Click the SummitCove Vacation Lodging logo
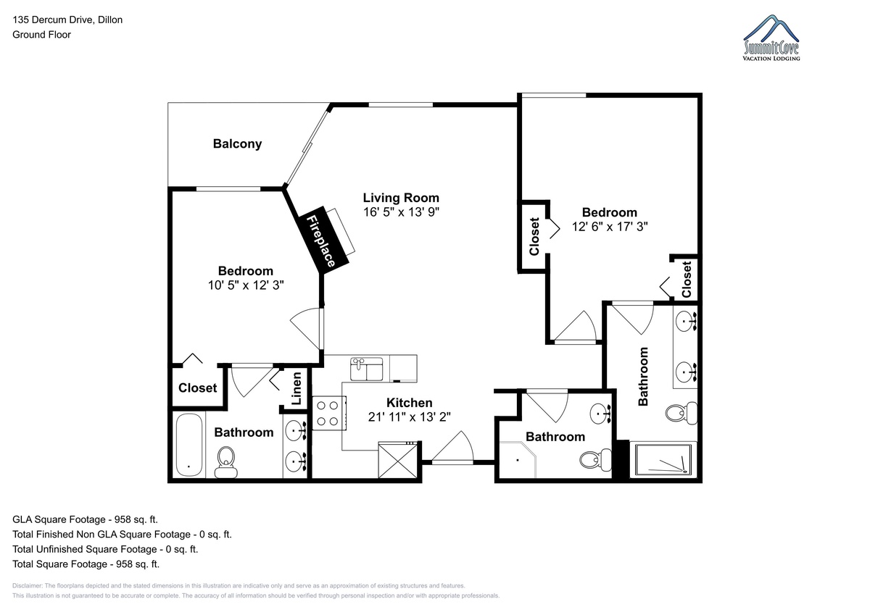point(771,38)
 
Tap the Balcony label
point(237,144)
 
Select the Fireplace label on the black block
point(320,241)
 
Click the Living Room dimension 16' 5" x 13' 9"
point(401,212)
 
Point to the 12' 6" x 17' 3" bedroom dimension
point(610,227)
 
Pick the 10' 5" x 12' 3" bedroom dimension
point(246,285)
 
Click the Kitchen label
point(410,403)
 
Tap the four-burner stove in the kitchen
point(329,413)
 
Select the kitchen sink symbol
point(366,369)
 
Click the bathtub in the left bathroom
point(189,445)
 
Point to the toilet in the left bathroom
point(226,462)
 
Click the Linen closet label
point(297,388)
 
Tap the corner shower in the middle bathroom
point(518,460)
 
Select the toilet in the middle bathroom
point(595,460)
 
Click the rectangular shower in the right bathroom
point(663,460)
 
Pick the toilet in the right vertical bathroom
point(681,413)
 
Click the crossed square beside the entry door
point(398,461)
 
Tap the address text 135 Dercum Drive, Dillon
point(67,20)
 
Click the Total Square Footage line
point(86,564)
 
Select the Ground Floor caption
point(41,35)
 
